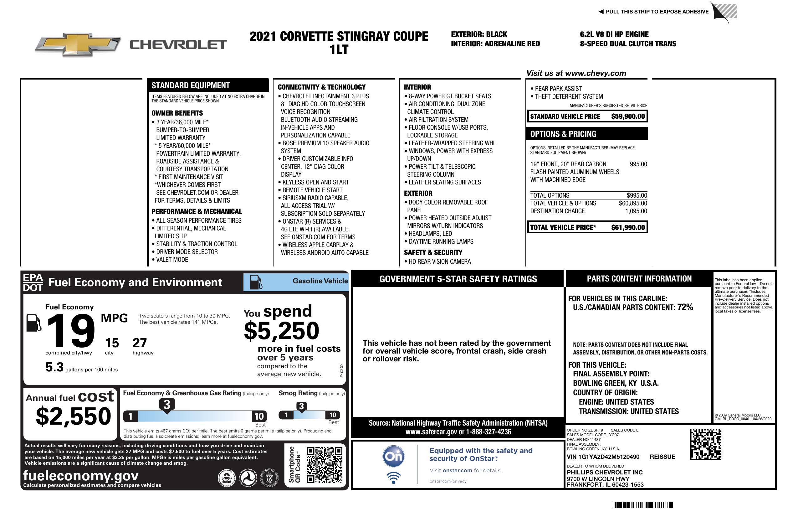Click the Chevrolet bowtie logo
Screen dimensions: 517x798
78,44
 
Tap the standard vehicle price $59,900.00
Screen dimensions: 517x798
628,116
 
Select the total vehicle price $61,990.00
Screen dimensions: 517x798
628,227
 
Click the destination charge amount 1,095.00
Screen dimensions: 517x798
636,211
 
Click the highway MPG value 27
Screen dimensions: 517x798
140,343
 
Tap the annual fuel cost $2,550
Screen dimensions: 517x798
73,416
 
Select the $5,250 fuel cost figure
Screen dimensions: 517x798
282,331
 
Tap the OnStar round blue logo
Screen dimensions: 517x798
393,456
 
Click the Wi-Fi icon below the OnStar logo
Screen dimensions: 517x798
393,478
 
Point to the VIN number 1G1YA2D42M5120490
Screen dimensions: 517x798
603,457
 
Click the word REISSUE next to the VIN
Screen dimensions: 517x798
662,457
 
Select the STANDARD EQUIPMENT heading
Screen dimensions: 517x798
191,85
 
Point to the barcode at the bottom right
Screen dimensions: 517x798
642,505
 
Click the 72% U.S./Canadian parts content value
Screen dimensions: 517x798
685,307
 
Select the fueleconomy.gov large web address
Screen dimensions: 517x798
81,475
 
